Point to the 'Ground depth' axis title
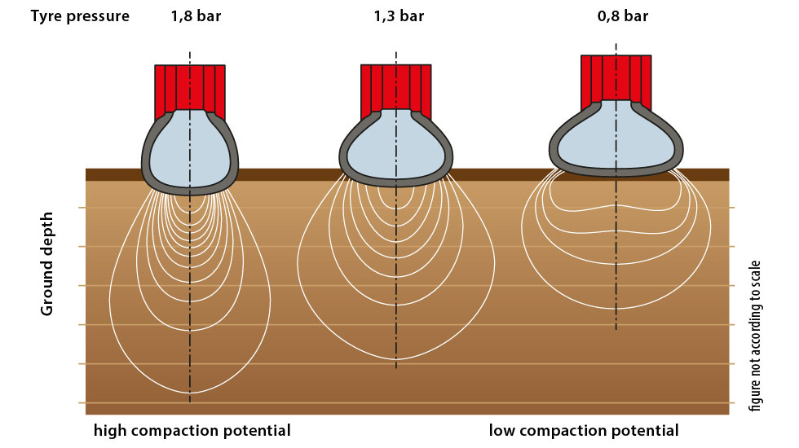point(48,264)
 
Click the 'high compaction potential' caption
point(192,430)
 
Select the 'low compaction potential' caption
point(584,430)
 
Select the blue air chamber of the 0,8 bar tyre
point(616,138)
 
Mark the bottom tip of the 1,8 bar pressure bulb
point(190,393)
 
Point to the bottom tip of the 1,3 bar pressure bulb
point(396,358)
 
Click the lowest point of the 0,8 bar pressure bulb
point(616,309)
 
